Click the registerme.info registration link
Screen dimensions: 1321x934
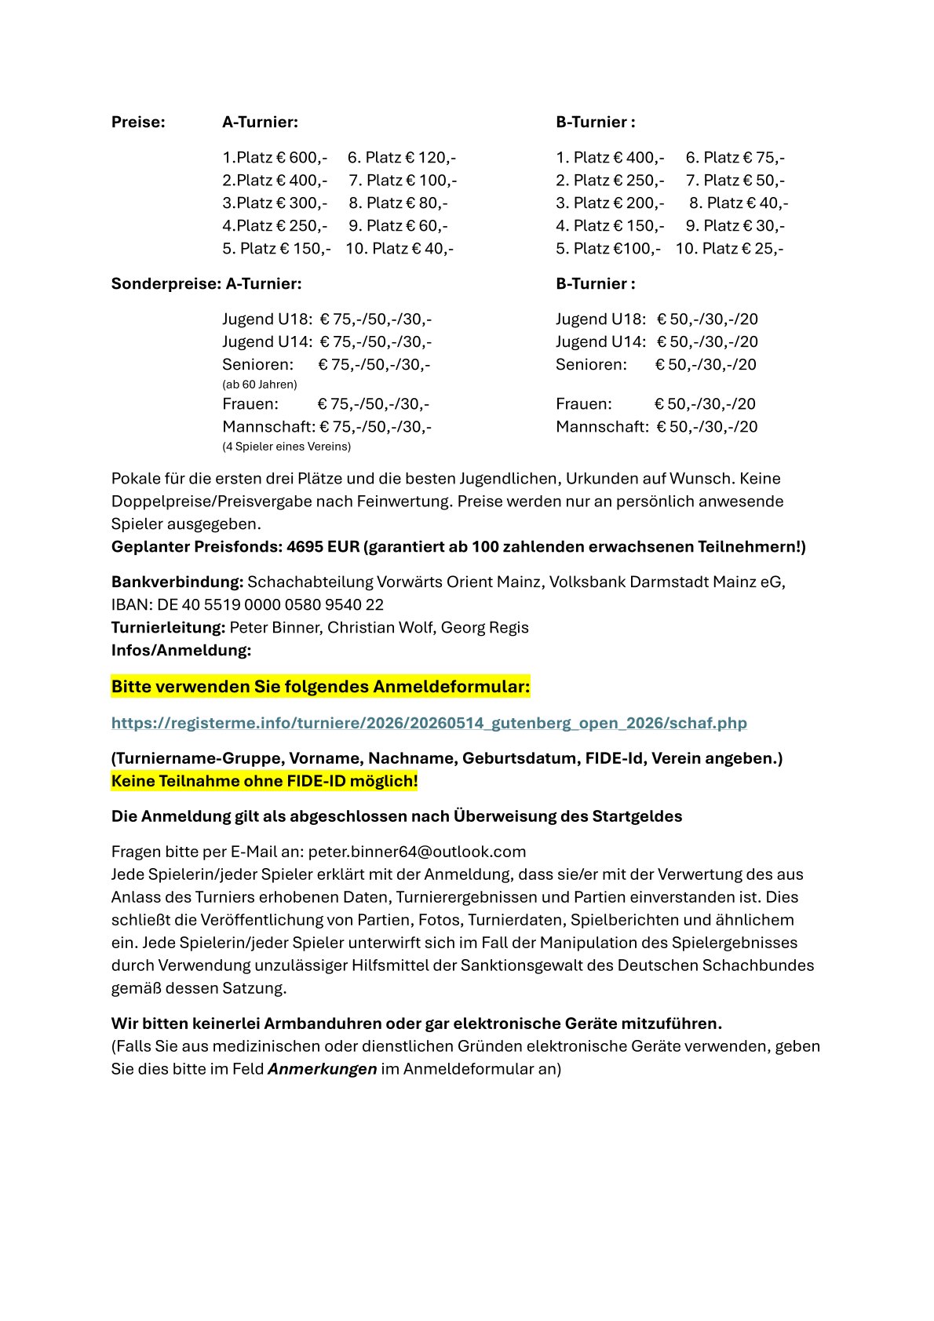429,723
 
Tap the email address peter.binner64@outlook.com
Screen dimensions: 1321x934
417,852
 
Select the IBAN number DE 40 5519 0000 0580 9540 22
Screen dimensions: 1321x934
270,604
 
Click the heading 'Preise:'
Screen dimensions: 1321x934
138,122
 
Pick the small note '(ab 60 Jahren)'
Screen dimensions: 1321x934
260,385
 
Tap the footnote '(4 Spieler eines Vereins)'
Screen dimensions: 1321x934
286,447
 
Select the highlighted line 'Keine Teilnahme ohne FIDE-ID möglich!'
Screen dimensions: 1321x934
265,781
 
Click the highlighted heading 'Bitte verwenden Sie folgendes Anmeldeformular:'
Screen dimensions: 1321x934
320,687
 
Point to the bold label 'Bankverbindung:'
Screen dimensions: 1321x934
177,582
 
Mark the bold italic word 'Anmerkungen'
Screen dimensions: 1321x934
323,1069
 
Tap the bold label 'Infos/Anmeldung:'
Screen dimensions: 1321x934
181,650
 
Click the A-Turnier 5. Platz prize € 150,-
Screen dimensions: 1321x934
305,248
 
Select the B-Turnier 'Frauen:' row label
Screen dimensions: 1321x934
583,403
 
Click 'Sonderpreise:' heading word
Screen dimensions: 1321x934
166,283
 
